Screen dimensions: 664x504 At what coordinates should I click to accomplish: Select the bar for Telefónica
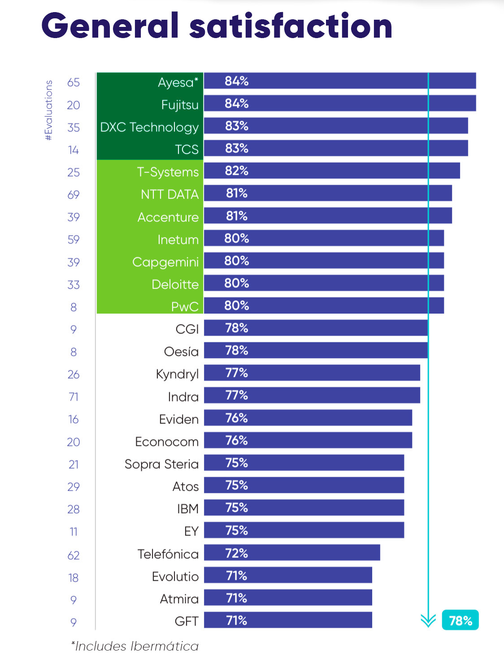point(292,552)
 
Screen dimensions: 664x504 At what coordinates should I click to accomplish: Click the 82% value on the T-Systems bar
point(236,171)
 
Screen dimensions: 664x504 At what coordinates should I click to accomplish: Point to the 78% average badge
point(460,620)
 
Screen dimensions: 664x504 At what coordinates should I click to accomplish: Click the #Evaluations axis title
point(49,110)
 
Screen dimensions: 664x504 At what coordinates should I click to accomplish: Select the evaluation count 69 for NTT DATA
point(74,195)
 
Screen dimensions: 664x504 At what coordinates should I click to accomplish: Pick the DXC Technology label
point(149,127)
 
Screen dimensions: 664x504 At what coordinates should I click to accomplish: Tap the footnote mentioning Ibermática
point(135,646)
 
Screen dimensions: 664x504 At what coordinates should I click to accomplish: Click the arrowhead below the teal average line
point(428,621)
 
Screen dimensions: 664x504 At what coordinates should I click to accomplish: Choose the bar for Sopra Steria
point(304,462)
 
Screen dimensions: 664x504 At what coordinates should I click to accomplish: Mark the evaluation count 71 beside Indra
point(74,397)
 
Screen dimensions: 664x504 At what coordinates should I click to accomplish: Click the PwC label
point(185,307)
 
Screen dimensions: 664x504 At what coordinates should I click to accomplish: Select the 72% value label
point(236,553)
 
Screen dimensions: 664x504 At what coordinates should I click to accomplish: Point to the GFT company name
point(187,621)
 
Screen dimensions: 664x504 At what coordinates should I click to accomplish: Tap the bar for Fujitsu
point(340,103)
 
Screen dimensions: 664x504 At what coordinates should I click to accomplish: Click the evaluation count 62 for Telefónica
point(74,556)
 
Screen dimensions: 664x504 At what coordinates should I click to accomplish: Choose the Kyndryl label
point(177,374)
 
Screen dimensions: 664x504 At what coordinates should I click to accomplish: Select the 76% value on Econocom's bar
point(236,440)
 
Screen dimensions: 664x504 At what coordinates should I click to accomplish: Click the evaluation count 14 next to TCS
point(74,150)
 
